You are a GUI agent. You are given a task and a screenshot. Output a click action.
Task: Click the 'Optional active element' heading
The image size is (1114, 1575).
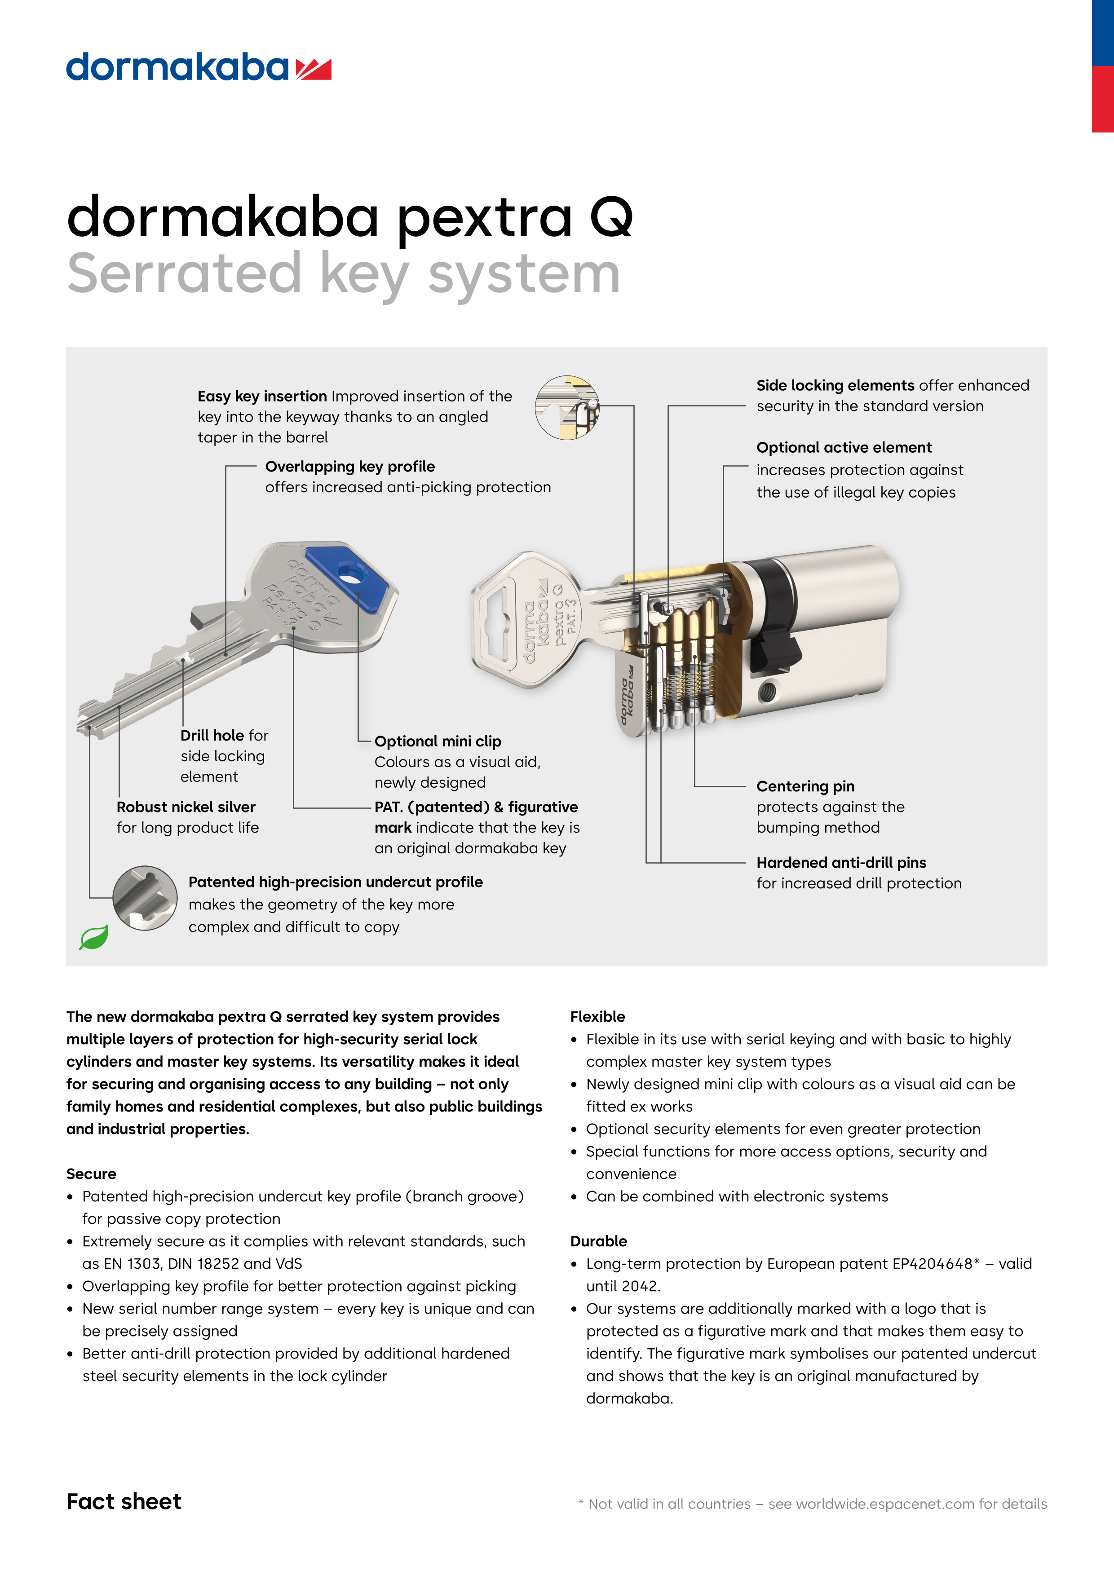pyautogui.click(x=844, y=447)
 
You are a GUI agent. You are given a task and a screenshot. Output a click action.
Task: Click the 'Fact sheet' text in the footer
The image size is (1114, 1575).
pyautogui.click(x=124, y=1502)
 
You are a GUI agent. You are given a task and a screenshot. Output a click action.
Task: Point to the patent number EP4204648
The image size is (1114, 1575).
pyautogui.click(x=932, y=1264)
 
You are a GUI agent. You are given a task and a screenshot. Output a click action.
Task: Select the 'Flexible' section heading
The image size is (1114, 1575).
pyautogui.click(x=597, y=1017)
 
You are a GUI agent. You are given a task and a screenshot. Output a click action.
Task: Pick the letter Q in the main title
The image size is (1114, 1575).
pyautogui.click(x=610, y=218)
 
